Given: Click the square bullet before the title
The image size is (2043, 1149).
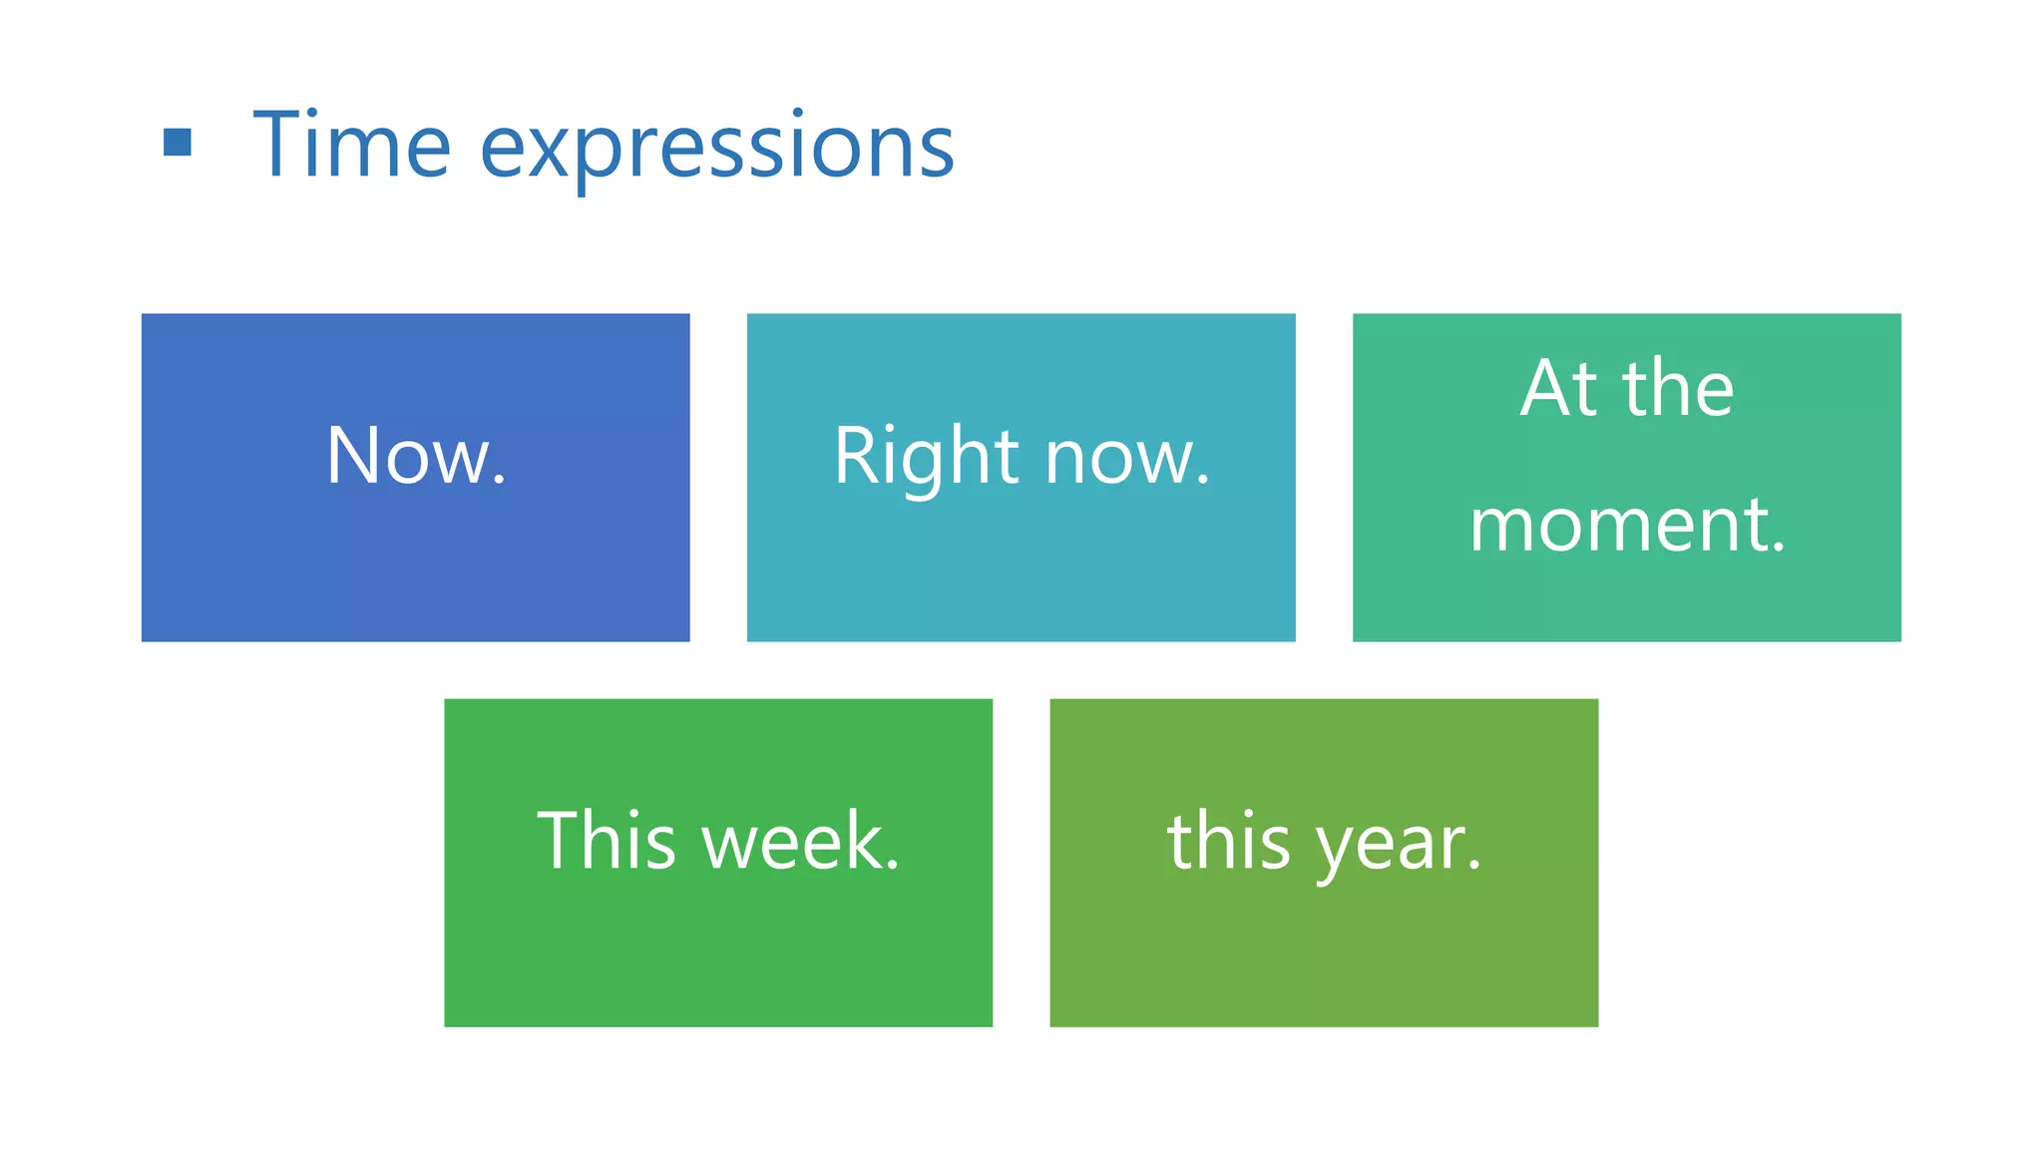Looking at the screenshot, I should [x=178, y=143].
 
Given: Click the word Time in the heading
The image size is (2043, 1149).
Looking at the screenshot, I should [x=352, y=146].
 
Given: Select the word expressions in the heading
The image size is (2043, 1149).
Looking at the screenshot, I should [x=716, y=150].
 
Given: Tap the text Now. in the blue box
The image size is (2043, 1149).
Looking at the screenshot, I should [x=416, y=456].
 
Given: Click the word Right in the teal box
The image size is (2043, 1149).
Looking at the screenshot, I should [x=926, y=458].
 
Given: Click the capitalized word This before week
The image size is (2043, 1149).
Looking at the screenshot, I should [x=607, y=841].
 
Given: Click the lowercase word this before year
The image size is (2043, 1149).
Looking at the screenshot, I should [x=1229, y=841].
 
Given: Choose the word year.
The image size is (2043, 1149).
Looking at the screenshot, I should [x=1398, y=846].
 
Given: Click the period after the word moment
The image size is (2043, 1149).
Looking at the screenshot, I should [x=1778, y=548].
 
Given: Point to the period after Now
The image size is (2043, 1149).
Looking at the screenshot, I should [x=499, y=481].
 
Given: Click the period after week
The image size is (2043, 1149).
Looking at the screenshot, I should [x=892, y=865].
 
